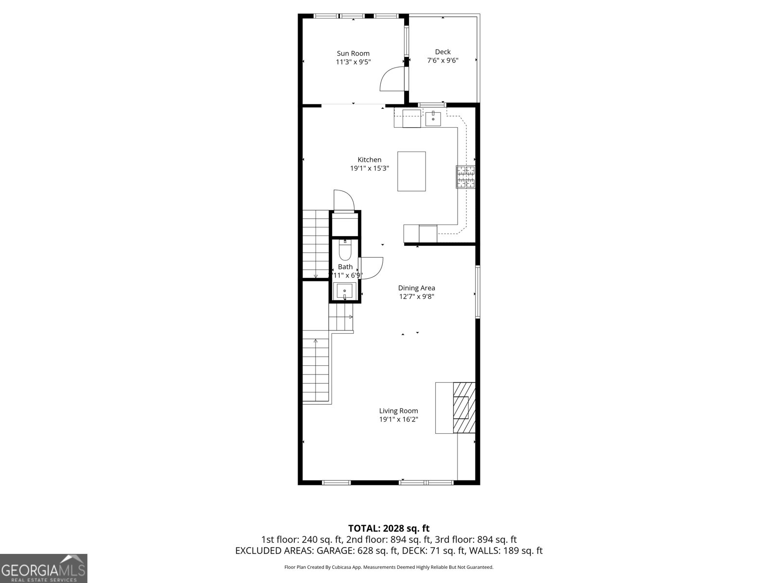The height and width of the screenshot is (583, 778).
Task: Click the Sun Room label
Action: [x=353, y=53]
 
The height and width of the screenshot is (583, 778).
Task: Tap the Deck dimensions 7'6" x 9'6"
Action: [x=442, y=60]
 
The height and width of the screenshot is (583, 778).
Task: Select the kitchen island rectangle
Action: [x=411, y=171]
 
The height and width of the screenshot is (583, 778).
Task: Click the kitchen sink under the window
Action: [x=433, y=118]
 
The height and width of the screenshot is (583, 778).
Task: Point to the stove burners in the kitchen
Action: [x=465, y=177]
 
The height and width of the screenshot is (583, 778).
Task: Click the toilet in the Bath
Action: [x=345, y=251]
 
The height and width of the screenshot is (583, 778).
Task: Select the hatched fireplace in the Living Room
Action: [x=464, y=407]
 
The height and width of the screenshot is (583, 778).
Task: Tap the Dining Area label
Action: [x=416, y=288]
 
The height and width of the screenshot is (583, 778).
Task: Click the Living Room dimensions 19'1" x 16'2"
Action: [x=399, y=419]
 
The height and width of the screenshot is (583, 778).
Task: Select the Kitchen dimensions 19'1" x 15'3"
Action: [x=370, y=168]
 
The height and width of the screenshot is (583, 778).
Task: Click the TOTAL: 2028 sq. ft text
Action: [x=389, y=528]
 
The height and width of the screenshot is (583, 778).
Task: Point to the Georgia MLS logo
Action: [x=43, y=568]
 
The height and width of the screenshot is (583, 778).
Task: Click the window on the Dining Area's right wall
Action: [x=477, y=291]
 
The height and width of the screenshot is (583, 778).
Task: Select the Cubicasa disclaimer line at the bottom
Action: [x=389, y=567]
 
